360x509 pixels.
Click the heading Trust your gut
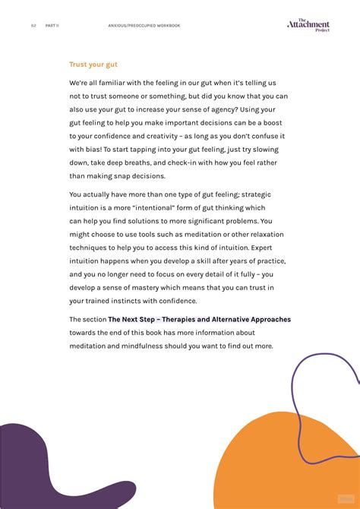point(93,65)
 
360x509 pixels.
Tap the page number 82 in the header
point(33,25)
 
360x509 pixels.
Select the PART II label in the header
point(52,25)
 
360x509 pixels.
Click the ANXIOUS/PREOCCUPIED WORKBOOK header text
point(144,25)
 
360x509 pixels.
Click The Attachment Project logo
point(308,25)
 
